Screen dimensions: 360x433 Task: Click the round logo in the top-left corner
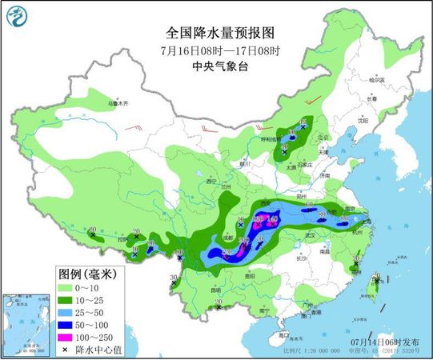coord(16,14)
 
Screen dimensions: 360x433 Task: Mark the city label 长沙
coord(299,258)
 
